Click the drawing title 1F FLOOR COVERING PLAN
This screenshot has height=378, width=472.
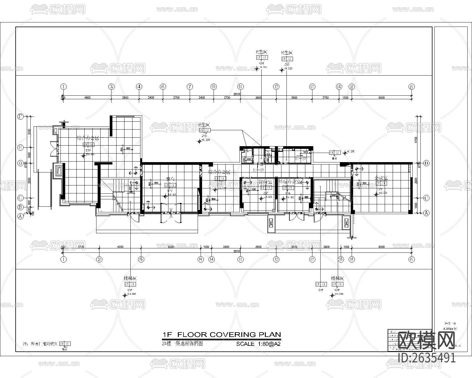tap(222, 335)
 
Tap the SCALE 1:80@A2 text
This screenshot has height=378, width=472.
tap(258, 344)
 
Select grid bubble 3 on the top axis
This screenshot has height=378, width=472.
tap(111, 87)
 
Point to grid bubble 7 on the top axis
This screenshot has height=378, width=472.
tap(190, 87)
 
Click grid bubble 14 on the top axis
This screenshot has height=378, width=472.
tap(339, 87)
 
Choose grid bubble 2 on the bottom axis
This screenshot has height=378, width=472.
tap(99, 259)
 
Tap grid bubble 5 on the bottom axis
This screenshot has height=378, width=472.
tap(141, 259)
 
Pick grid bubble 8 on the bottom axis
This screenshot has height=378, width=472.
tap(201, 259)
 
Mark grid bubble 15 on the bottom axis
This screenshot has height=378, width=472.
tap(341, 259)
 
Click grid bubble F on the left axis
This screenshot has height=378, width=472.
tap(20, 116)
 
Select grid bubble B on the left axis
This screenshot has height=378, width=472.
tap(20, 207)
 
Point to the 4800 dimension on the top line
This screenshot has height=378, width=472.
tap(87, 97)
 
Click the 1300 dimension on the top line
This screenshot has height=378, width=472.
tap(345, 97)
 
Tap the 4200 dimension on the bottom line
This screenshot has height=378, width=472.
tap(120, 247)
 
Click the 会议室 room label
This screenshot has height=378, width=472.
tap(381, 178)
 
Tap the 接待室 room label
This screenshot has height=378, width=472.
tap(265, 181)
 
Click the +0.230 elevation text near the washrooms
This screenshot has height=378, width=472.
tap(351, 151)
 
